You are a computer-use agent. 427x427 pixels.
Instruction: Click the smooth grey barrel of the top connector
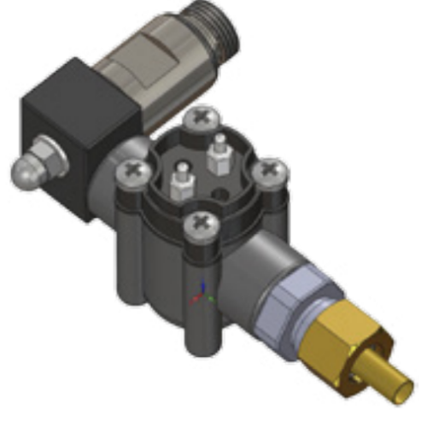tap(154, 68)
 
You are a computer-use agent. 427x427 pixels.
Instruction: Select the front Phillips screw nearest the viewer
tap(201, 225)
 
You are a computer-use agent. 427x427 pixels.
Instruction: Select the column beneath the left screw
tap(128, 248)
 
